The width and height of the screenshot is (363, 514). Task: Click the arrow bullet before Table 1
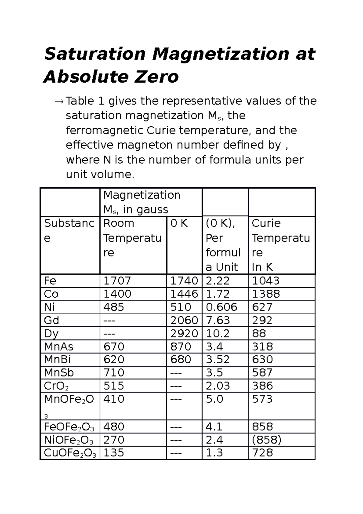click(59, 101)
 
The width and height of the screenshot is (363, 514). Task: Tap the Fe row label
click(50, 281)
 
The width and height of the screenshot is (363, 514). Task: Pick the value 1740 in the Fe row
click(184, 281)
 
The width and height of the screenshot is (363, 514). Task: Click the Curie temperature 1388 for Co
click(266, 294)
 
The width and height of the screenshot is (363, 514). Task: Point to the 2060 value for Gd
click(184, 320)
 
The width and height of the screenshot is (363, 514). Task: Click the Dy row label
click(51, 334)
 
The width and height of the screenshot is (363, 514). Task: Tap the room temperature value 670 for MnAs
click(114, 347)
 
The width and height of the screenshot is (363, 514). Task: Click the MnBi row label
click(57, 360)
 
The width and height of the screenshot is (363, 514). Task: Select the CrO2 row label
click(56, 386)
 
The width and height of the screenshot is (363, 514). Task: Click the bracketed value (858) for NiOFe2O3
click(267, 440)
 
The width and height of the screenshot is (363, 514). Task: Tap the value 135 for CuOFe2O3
click(114, 453)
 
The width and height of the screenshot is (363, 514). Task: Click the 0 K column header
click(179, 223)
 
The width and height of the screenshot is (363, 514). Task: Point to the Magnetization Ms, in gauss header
click(142, 202)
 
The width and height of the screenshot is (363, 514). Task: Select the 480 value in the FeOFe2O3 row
click(114, 427)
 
